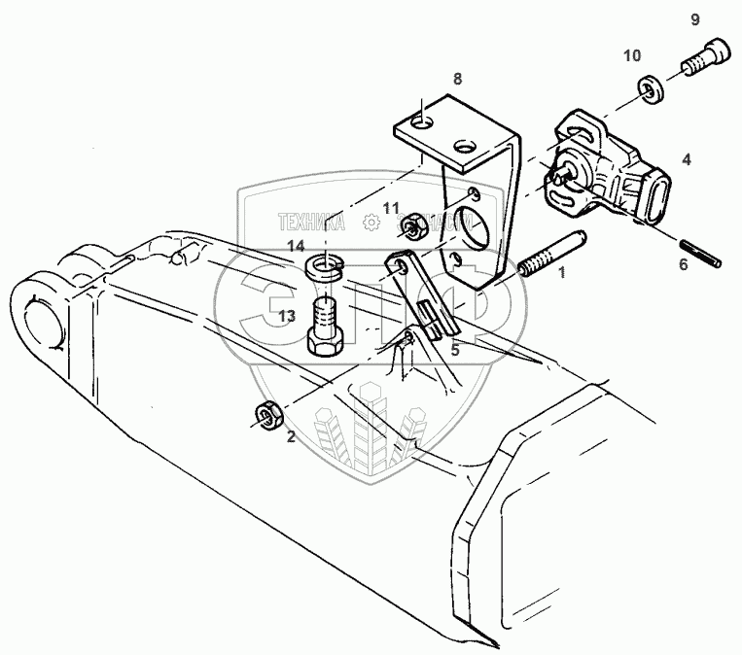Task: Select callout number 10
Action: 632,54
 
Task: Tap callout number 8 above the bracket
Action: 457,79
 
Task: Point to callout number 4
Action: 687,157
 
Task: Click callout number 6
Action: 682,263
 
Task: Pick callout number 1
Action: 561,274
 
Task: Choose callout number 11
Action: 390,208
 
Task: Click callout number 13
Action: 287,316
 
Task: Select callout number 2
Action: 290,437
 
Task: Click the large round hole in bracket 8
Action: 474,226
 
